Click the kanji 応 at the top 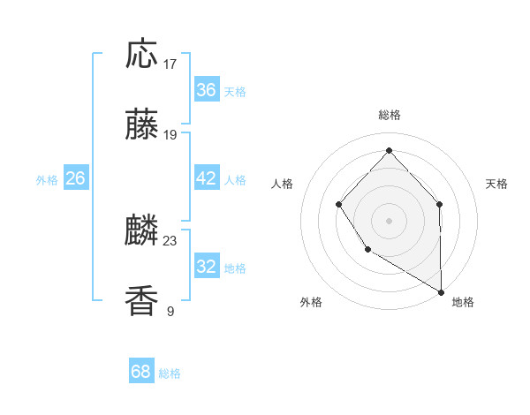click(142, 55)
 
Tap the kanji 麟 click(142, 231)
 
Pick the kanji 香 click(142, 302)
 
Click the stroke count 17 click(170, 64)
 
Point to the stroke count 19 click(170, 135)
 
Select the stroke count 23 click(170, 240)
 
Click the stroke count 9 click(170, 311)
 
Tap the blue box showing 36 click(206, 90)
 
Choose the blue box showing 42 click(206, 178)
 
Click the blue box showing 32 click(206, 267)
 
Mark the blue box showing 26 click(75, 178)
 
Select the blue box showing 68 click(141, 372)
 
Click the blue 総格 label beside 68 click(170, 373)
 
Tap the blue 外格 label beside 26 click(47, 180)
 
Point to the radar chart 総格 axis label click(389, 115)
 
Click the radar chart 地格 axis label click(463, 302)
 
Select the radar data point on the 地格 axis click(442, 292)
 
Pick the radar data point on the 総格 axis click(389, 150)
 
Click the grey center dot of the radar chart click(389, 220)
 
